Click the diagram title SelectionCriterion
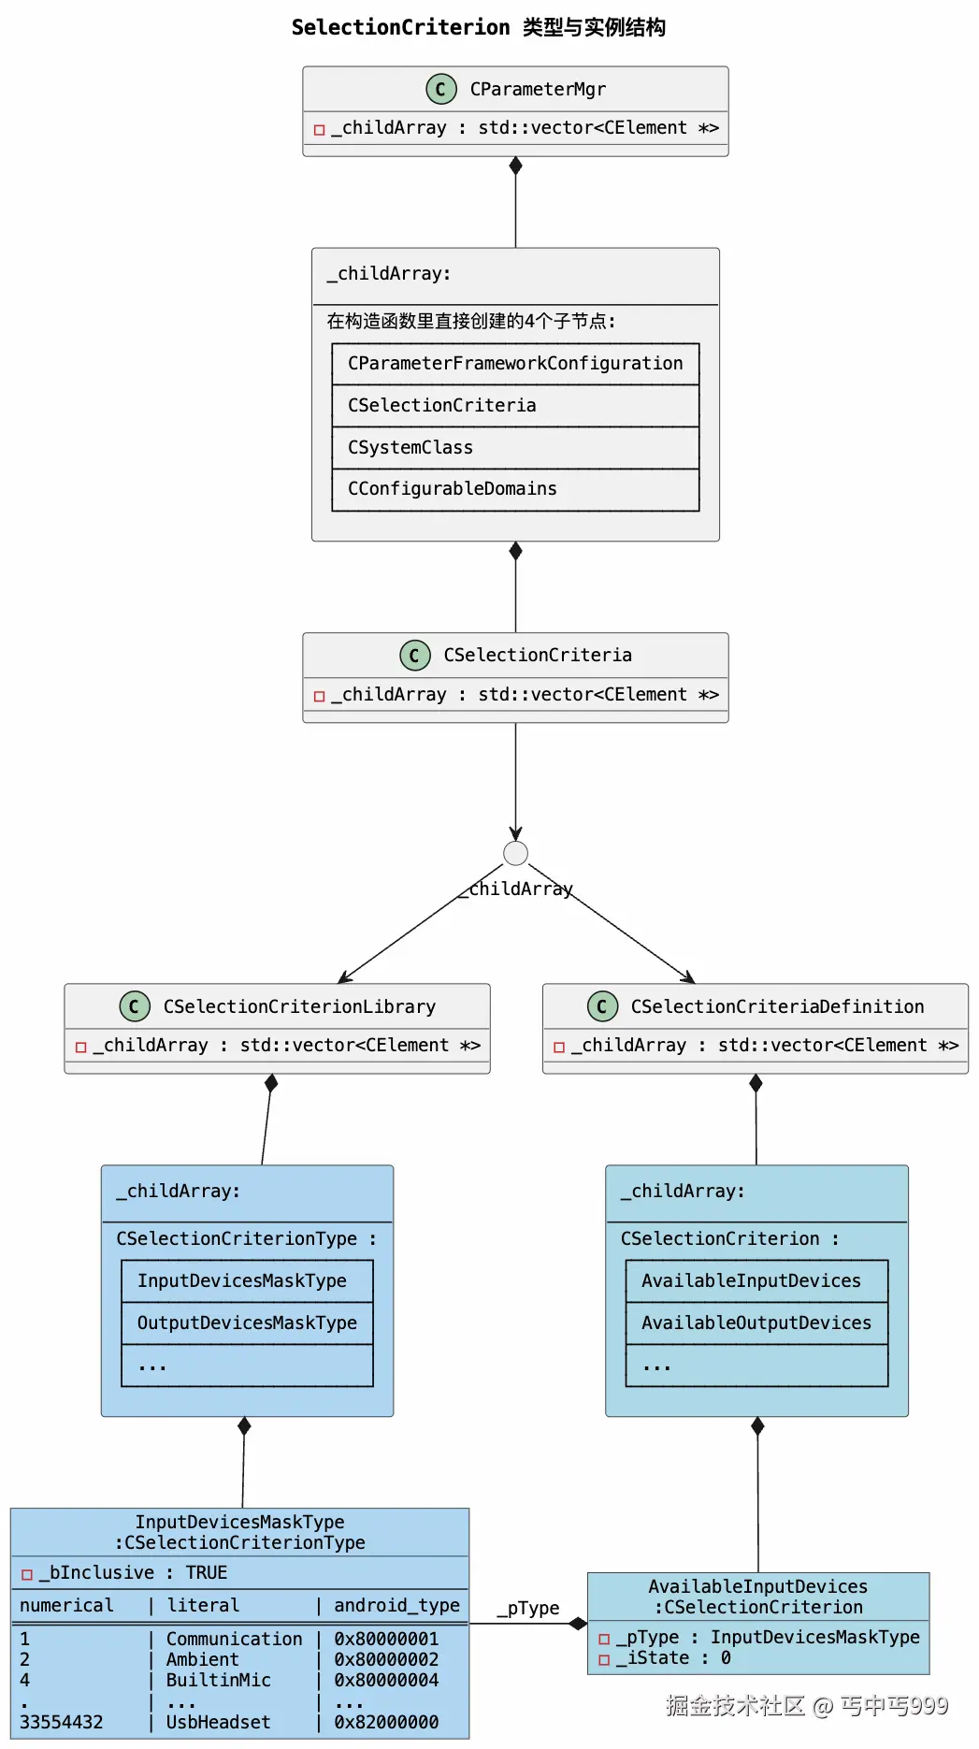coord(400,27)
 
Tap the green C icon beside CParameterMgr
coord(441,89)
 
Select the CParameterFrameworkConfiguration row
coord(515,364)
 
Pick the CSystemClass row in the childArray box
coord(515,448)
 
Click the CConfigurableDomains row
coord(515,489)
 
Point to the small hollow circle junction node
coord(515,853)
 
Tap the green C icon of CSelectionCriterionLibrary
coord(135,1006)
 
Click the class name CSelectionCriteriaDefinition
coord(777,1006)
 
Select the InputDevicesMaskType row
coord(247,1281)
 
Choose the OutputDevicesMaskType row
coord(247,1323)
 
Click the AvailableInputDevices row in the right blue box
coord(756,1281)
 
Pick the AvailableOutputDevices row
coord(756,1323)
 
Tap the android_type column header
coord(396,1606)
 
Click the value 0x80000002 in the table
coord(386,1659)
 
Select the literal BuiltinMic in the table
coord(219,1680)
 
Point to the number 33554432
coord(62,1722)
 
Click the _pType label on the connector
coord(528,1608)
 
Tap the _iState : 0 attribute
coord(673,1658)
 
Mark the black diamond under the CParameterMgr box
coord(515,166)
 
